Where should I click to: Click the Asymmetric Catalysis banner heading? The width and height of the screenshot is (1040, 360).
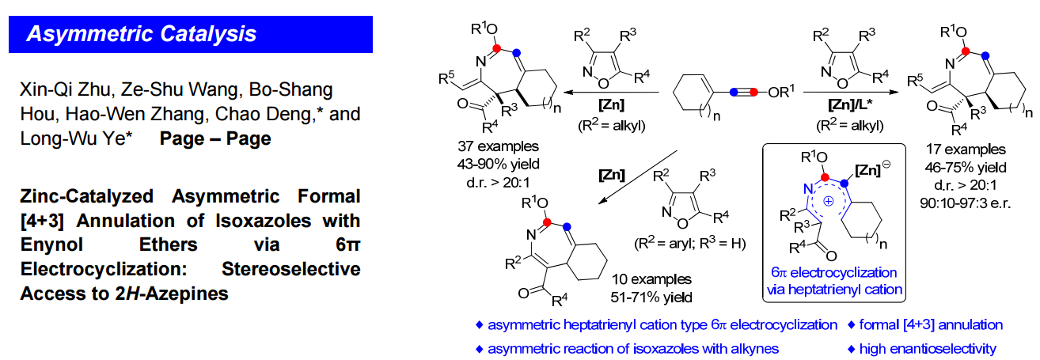coord(142,34)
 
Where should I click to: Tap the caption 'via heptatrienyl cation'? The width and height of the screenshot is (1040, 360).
coord(834,290)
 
